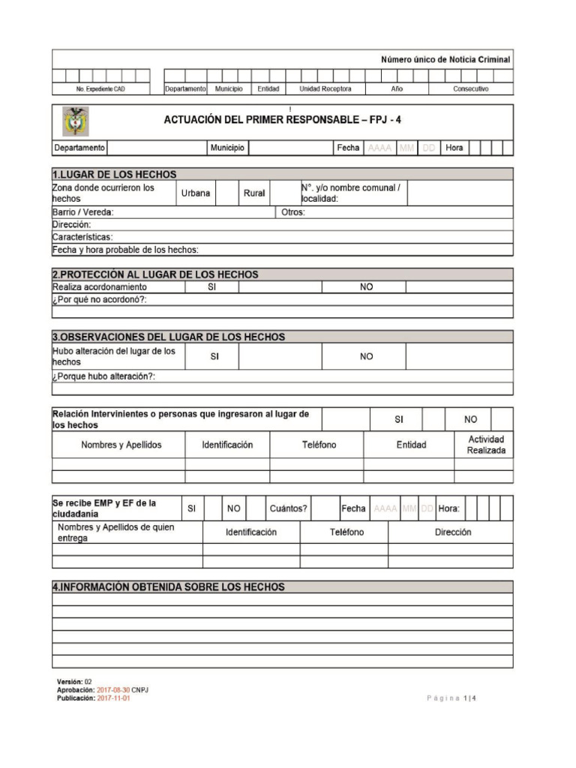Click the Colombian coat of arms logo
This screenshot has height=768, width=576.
tap(75, 121)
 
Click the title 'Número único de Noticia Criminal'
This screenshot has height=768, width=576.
tap(445, 59)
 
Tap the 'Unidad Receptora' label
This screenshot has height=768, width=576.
tap(325, 89)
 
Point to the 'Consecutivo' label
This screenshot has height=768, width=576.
tap(470, 89)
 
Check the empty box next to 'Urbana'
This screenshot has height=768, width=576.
tap(226, 193)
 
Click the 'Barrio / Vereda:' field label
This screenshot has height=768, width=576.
tap(83, 212)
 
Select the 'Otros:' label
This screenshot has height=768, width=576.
tap(292, 212)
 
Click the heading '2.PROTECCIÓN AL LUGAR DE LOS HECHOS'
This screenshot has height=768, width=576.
tap(155, 274)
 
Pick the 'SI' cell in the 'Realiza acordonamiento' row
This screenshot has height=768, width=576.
tap(212, 287)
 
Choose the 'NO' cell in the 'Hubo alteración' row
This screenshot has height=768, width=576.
tap(366, 357)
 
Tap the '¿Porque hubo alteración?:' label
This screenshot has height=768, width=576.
tap(104, 376)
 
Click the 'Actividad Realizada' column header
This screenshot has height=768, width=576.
tap(485, 445)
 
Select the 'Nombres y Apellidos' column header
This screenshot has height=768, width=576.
tap(121, 445)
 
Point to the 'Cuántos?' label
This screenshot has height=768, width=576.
tap(288, 508)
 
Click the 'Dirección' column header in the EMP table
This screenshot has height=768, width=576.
tap(452, 532)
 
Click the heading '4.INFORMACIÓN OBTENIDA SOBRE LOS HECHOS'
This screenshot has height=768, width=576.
tap(169, 587)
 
